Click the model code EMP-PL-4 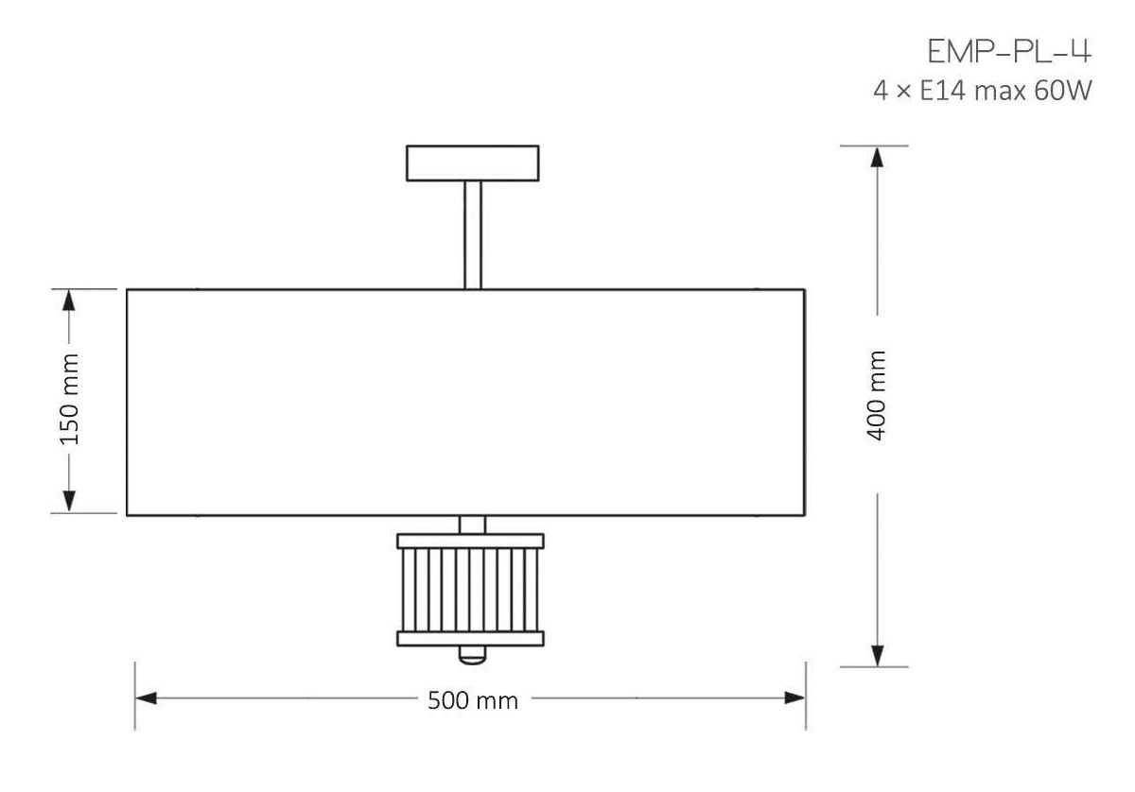pos(1009,52)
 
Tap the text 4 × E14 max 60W pos(982,91)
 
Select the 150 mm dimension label pos(69,400)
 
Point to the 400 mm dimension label pos(876,395)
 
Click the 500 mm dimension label pos(473,701)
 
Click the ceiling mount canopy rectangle pos(473,164)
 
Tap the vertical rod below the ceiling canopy pos(473,235)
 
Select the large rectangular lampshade pos(465,403)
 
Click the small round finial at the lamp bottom pos(472,654)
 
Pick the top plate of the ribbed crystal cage pos(471,541)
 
